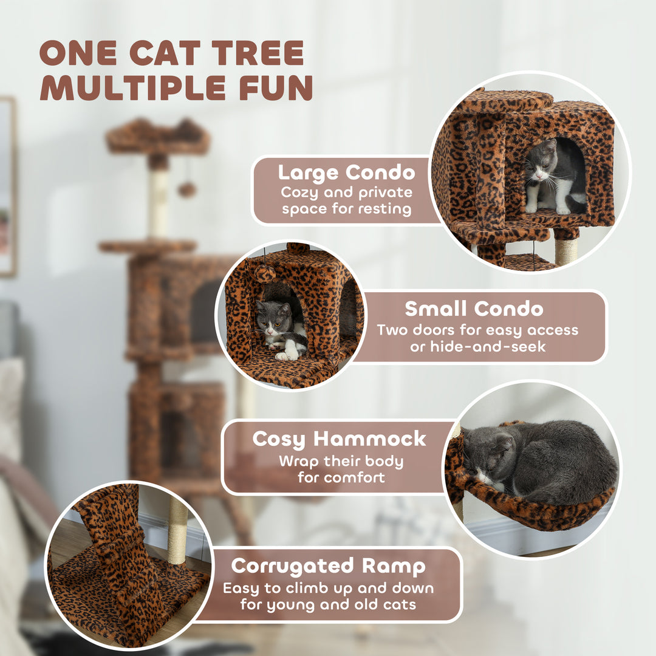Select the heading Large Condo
pos(347,173)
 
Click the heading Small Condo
pos(474,309)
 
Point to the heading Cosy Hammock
pos(339,439)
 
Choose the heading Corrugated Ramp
pos(328,566)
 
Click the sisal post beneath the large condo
pos(565,250)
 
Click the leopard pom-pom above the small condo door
pos(265,274)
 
